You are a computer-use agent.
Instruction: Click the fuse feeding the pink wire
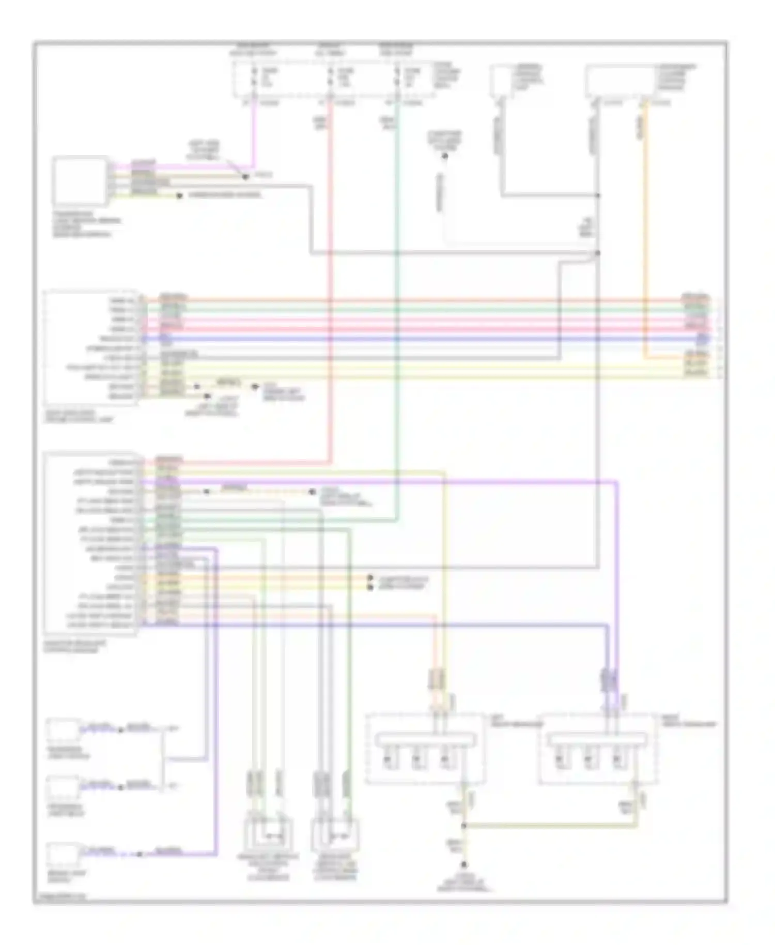coord(254,77)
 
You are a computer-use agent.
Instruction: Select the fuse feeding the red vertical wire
coord(330,77)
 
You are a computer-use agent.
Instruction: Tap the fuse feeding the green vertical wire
coord(397,77)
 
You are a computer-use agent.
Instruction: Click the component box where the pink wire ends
coord(80,181)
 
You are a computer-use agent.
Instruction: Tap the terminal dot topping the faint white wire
coord(444,155)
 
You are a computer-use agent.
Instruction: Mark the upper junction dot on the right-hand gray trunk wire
coord(598,195)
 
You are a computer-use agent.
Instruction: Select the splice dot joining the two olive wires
coord(464,826)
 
